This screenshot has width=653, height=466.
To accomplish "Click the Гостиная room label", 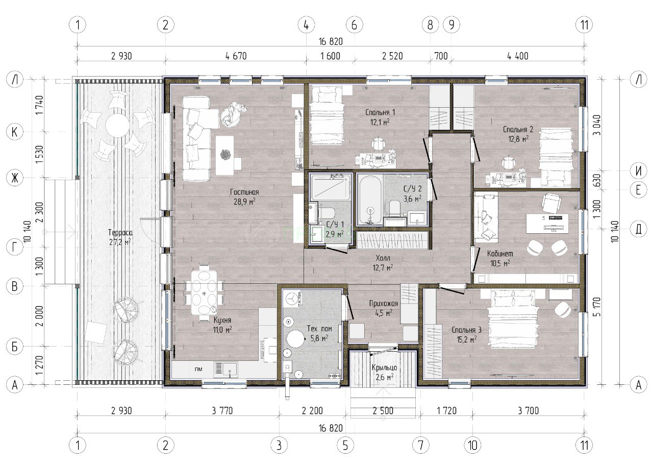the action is pyautogui.click(x=244, y=192).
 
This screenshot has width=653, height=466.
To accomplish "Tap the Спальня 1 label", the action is pyautogui.click(x=380, y=112).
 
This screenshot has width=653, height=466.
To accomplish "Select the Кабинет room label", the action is pyautogui.click(x=500, y=254).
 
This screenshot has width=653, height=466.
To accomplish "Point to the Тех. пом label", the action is pyautogui.click(x=319, y=329).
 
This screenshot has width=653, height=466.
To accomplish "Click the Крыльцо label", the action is pyautogui.click(x=384, y=367).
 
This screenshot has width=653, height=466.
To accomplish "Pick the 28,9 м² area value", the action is pyautogui.click(x=244, y=202).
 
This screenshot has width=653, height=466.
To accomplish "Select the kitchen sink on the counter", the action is pyautogui.click(x=225, y=369).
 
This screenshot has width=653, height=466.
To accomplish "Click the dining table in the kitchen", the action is pyautogui.click(x=204, y=293).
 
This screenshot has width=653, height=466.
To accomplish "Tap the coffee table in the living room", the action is pyautogui.click(x=224, y=156).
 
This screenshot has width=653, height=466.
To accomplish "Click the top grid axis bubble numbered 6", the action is pyautogui.click(x=354, y=25).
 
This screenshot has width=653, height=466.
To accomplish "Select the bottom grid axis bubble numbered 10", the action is pyautogui.click(x=472, y=445).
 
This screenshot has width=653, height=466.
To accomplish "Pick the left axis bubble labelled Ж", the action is pyautogui.click(x=15, y=178).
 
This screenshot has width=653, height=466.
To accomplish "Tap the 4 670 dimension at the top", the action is pyautogui.click(x=236, y=56).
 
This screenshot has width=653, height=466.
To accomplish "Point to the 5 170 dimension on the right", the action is pyautogui.click(x=596, y=307).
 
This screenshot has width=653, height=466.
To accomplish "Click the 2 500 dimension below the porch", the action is pyautogui.click(x=383, y=410).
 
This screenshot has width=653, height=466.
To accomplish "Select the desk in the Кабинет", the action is pyautogui.click(x=547, y=224).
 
